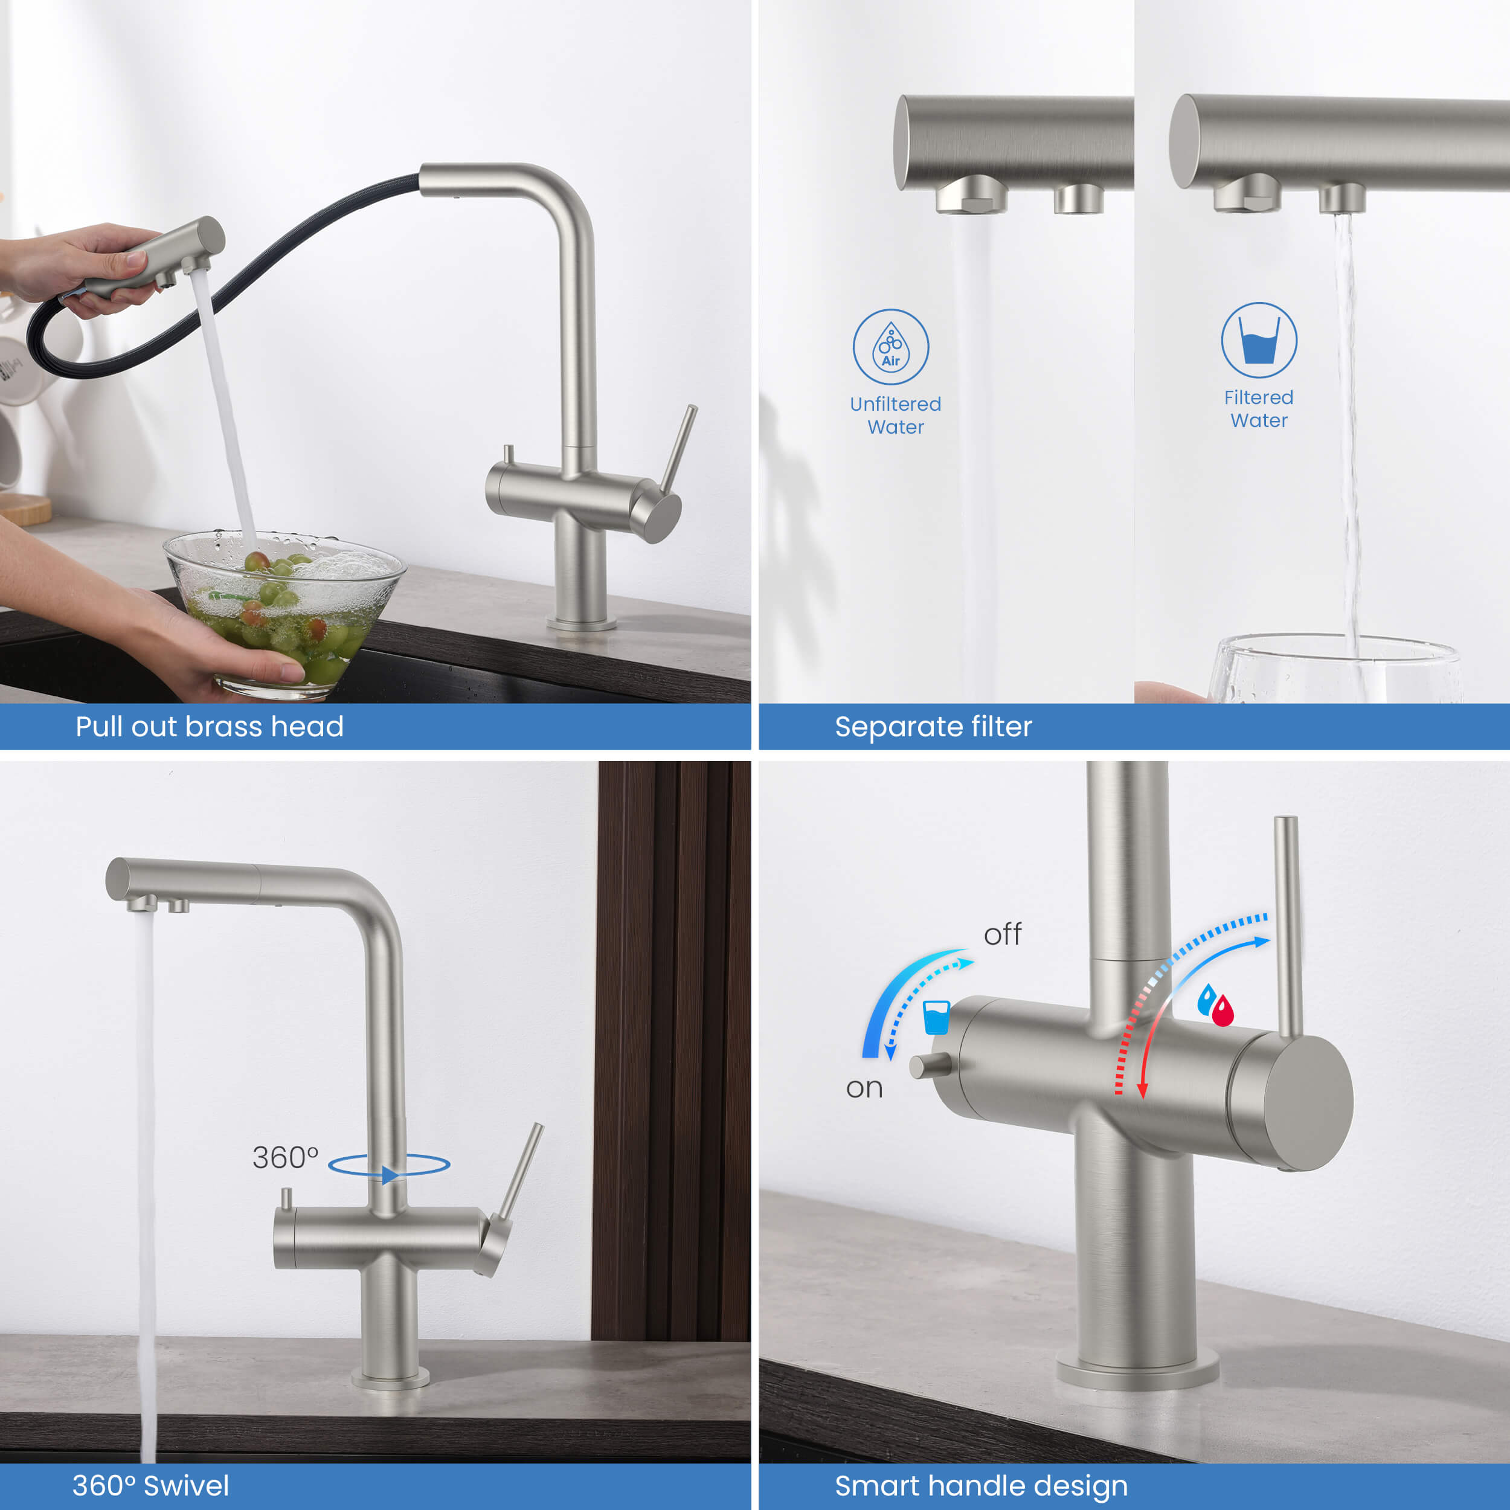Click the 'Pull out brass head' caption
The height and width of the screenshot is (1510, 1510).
[x=210, y=727]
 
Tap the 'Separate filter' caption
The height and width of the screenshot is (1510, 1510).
[x=933, y=727]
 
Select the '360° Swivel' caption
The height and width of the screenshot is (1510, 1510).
[x=151, y=1485]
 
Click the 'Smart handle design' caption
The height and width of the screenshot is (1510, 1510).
[x=981, y=1486]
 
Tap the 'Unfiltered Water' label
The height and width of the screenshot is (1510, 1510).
[x=896, y=415]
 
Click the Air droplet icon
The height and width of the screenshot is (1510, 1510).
[x=891, y=346]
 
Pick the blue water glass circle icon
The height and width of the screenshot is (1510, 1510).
[x=1259, y=340]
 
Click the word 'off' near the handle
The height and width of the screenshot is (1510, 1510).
[x=1003, y=934]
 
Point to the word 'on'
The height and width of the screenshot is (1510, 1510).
[x=864, y=1088]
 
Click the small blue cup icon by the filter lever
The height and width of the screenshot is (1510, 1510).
[x=936, y=1017]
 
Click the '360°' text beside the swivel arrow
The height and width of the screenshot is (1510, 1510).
[x=285, y=1157]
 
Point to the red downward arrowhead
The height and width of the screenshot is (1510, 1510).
[x=1143, y=1090]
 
